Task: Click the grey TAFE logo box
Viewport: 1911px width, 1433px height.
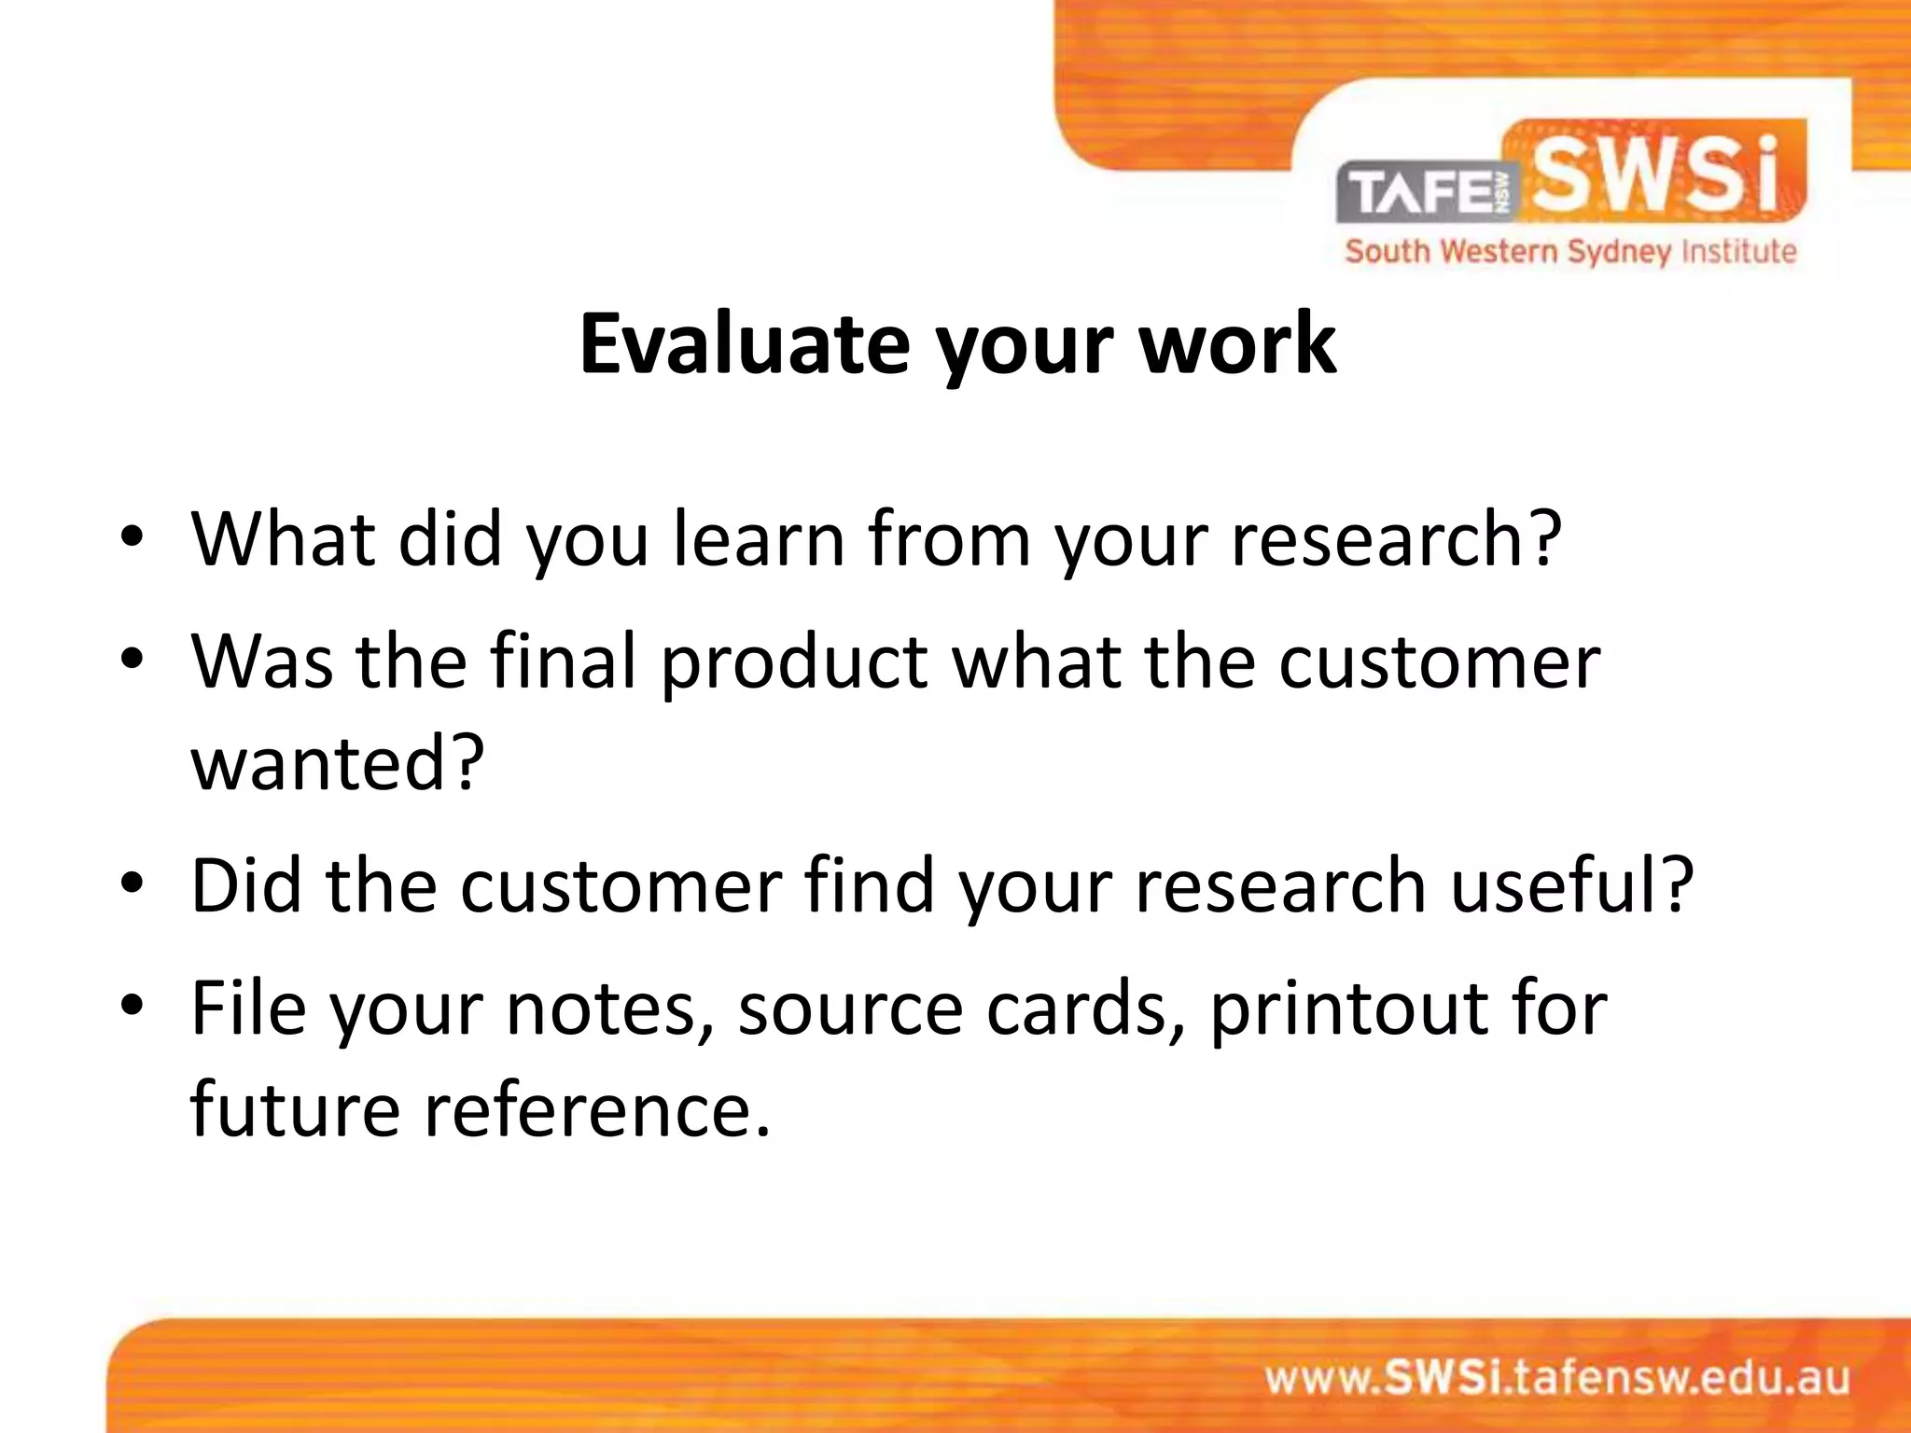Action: (1428, 193)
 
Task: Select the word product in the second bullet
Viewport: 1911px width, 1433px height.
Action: (794, 662)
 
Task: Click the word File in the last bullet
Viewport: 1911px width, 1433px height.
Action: (248, 1008)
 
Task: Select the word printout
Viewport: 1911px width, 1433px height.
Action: (1348, 1009)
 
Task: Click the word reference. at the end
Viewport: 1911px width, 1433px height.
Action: (598, 1109)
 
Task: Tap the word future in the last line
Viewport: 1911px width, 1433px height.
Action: (295, 1109)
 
